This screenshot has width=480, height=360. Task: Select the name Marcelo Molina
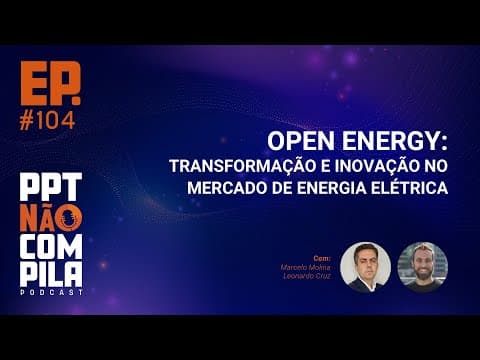tap(307, 267)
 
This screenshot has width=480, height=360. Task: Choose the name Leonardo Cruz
tap(308, 276)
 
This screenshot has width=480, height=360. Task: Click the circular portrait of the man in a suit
tap(365, 266)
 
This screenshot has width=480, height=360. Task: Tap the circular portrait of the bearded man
tap(422, 266)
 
